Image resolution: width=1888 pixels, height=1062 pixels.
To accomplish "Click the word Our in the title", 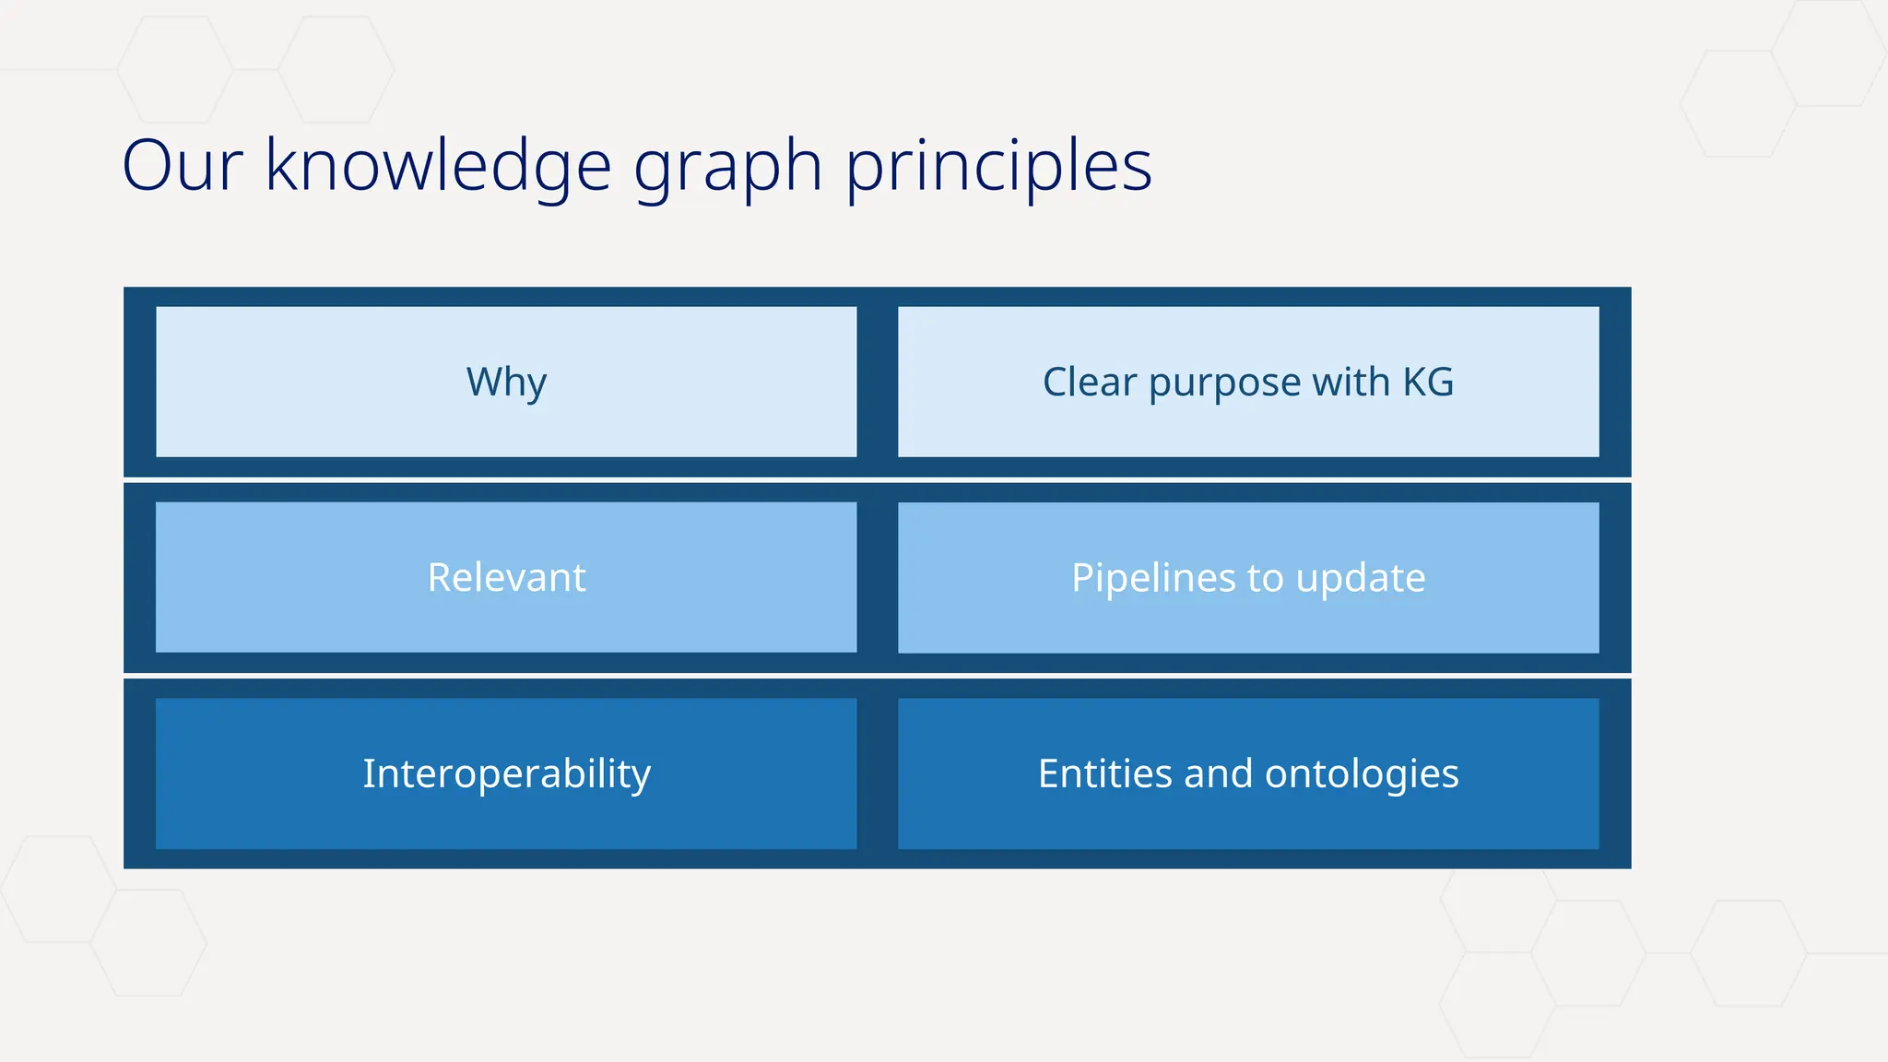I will pos(182,166).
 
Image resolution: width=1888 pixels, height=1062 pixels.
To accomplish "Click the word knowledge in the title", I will pos(438,166).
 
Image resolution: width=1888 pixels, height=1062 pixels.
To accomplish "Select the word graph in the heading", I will pos(727,168).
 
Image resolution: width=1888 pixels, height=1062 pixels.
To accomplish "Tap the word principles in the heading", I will pos(998,168).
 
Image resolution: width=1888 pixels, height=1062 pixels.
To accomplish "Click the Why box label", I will pos(506,382).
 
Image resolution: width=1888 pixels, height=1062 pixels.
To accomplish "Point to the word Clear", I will pos(1089,382).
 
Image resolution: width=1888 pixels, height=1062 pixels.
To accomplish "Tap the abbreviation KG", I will pos(1428,382).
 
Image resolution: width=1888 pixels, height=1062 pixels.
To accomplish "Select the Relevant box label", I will pos(506,578).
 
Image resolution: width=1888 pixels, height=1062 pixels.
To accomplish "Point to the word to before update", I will pos(1265,579).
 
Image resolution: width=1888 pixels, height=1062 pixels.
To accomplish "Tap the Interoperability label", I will pos(506,773).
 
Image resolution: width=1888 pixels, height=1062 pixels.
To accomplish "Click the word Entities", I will pos(1103,773).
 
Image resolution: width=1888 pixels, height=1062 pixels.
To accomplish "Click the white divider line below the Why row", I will pos(876,480).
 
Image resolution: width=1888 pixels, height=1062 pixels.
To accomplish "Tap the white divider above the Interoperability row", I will pos(876,676).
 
